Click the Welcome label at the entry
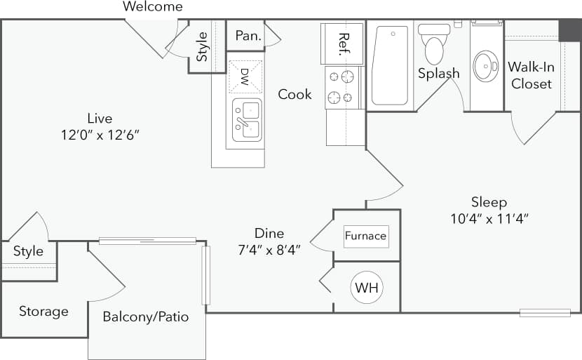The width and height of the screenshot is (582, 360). pos(152,7)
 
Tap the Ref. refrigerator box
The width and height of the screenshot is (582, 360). pos(342,44)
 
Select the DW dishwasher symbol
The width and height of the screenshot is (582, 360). pos(245,76)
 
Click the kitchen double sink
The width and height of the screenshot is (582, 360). pos(245,119)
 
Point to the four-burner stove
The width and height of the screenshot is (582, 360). pos(342,87)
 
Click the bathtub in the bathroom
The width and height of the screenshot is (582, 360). pos(390,65)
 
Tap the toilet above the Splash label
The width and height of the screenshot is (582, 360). pos(434,44)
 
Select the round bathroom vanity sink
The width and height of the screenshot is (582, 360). pos(486,66)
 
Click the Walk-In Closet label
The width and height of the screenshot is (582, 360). pos(530,75)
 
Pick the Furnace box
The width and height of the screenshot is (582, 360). pos(365,236)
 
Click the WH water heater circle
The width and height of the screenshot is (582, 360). pos(367,288)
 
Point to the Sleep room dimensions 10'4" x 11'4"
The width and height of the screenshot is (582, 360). pos(489,218)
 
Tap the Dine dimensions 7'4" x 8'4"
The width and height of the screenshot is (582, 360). pos(269,249)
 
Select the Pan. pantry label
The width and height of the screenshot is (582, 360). pos(248,36)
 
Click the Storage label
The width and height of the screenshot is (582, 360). pos(43,312)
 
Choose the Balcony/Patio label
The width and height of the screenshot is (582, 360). pos(146,316)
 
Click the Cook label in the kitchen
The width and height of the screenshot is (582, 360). pos(295,94)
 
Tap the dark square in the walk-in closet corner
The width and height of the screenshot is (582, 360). pos(569,30)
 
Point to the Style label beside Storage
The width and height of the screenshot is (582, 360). pos(28,251)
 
